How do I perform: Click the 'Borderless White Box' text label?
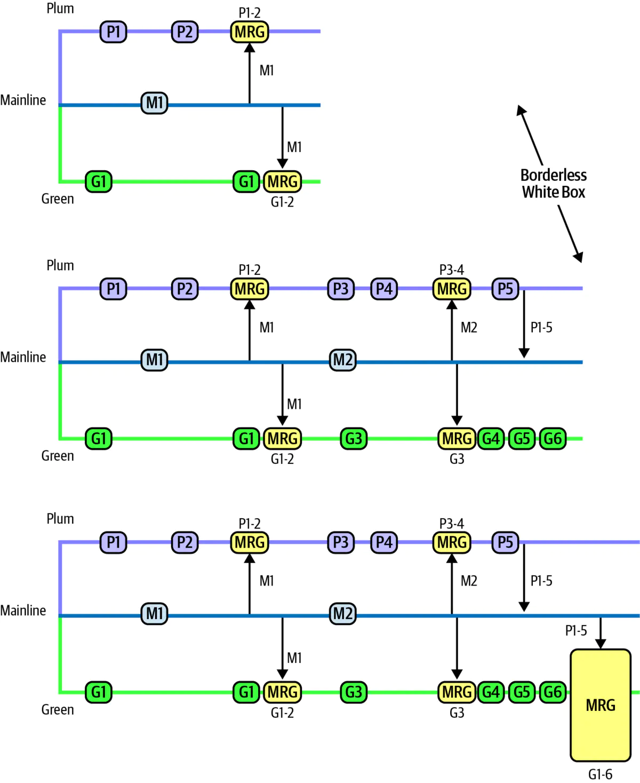553,183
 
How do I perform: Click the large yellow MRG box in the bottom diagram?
601,705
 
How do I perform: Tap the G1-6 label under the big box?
600,774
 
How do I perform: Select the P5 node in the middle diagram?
505,289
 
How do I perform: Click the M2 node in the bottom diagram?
343,613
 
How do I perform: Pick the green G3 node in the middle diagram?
354,439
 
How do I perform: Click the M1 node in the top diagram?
154,102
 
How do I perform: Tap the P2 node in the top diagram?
185,31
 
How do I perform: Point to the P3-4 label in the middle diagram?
451,270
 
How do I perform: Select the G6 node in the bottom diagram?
553,692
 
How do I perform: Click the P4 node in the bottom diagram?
384,542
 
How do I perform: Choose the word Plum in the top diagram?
60,9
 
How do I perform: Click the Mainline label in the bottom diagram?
23,610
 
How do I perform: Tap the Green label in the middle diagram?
58,456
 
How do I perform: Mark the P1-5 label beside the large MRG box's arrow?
576,630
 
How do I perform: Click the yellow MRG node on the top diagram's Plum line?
250,31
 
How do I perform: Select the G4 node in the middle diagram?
491,439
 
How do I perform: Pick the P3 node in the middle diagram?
341,289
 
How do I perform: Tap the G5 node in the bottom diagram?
522,692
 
